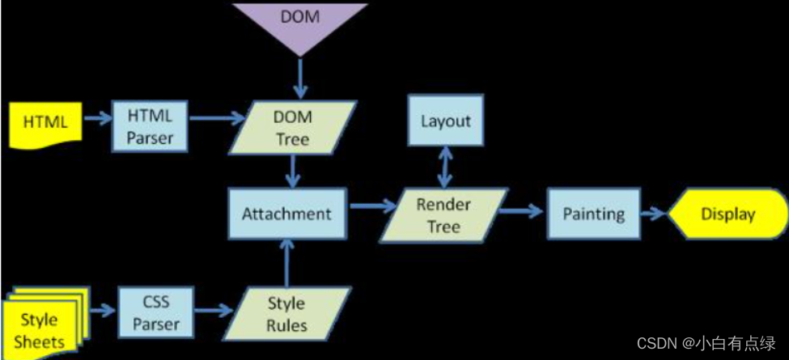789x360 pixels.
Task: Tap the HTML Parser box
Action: click(x=150, y=127)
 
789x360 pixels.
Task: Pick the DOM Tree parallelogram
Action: click(x=293, y=128)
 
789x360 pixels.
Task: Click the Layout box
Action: click(x=445, y=121)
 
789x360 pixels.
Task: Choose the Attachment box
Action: click(x=287, y=214)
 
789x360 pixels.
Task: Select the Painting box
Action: click(x=593, y=214)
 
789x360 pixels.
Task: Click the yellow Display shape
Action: click(x=727, y=214)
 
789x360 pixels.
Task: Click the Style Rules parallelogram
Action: click(x=286, y=314)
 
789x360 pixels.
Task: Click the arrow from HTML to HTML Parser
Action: click(x=95, y=120)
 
